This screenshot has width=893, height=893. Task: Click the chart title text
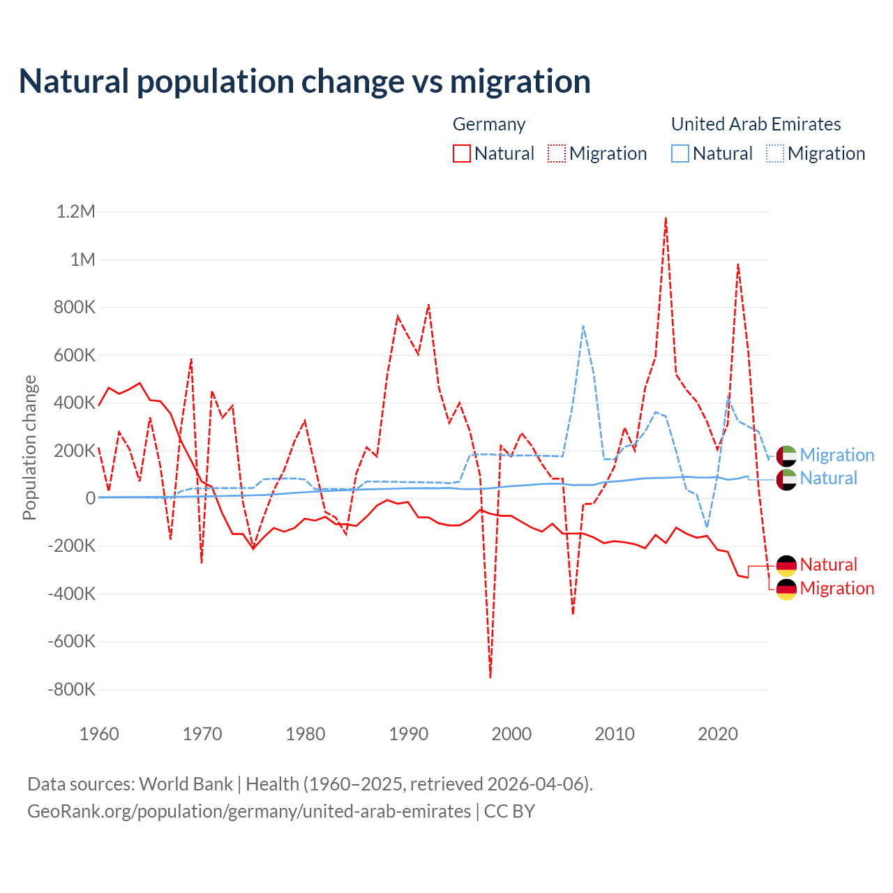[304, 82]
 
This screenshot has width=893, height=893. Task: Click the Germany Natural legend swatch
[461, 153]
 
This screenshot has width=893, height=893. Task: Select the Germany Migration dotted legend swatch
[557, 153]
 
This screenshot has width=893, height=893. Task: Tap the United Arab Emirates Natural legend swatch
[680, 153]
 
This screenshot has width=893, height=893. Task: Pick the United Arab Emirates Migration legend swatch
[775, 153]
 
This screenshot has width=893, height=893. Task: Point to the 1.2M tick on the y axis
[76, 211]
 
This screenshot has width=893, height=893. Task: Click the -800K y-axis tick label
[71, 689]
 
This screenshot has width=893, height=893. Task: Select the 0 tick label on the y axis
[90, 498]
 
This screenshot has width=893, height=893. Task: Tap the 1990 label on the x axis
[408, 734]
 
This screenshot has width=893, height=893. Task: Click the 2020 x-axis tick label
[718, 734]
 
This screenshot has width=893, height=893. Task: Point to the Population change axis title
[29, 447]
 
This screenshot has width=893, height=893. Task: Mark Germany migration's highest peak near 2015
[666, 218]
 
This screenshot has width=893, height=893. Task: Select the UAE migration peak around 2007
[583, 326]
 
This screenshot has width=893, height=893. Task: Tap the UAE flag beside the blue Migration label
[786, 456]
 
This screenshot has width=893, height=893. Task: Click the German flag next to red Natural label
[786, 565]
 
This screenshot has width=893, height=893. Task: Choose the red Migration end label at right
[836, 588]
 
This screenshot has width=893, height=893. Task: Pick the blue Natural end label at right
[828, 479]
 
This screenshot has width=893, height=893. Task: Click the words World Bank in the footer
[186, 784]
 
